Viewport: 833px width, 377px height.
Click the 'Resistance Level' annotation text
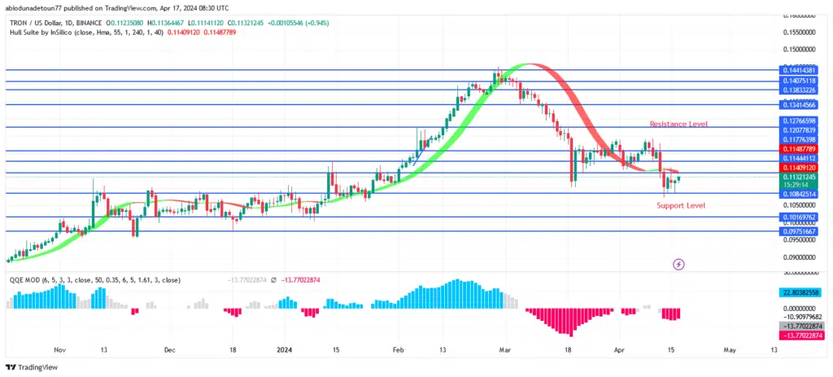[678, 123]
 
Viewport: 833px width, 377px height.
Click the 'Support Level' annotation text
[681, 205]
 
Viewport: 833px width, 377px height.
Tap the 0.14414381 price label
[799, 70]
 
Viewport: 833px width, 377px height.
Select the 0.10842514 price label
[799, 194]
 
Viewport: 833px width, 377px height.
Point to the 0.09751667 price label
[799, 231]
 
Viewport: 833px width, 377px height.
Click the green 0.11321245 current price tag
[799, 177]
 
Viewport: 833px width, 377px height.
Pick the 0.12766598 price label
[799, 121]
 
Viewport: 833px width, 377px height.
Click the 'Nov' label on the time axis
[60, 349]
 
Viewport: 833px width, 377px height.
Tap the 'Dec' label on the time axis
[169, 349]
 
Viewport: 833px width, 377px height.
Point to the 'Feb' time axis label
[398, 349]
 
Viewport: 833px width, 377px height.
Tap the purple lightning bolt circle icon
[678, 264]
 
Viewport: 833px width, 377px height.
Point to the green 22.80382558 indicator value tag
[799, 292]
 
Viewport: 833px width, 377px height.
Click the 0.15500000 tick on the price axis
[799, 33]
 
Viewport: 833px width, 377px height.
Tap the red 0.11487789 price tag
[799, 149]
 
